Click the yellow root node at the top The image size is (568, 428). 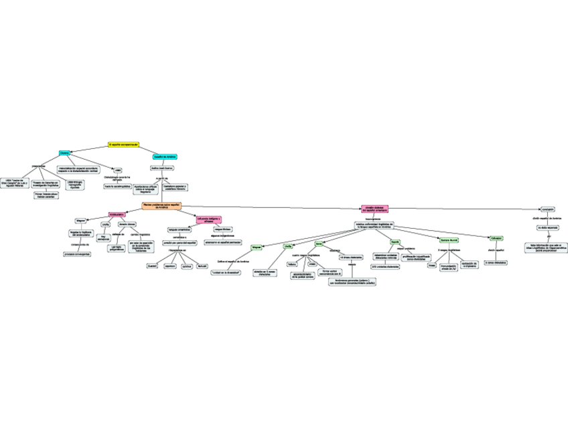click(123, 144)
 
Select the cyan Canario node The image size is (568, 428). click(64, 154)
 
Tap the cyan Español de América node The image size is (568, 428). click(165, 156)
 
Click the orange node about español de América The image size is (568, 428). click(161, 206)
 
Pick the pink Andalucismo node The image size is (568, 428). click(117, 214)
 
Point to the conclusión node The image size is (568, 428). click(548, 209)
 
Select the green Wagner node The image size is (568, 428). click(256, 248)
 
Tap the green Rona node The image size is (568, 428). click(319, 244)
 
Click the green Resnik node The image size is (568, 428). click(395, 242)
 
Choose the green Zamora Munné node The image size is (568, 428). click(449, 239)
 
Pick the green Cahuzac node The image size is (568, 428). click(496, 238)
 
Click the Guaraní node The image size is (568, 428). click(152, 266)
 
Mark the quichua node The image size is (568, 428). click(187, 266)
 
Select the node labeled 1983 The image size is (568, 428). click(118, 170)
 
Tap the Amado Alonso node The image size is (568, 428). click(127, 224)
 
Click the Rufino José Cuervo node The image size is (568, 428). click(162, 168)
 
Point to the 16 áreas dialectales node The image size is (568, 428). click(351, 258)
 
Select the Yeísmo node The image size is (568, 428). click(291, 264)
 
